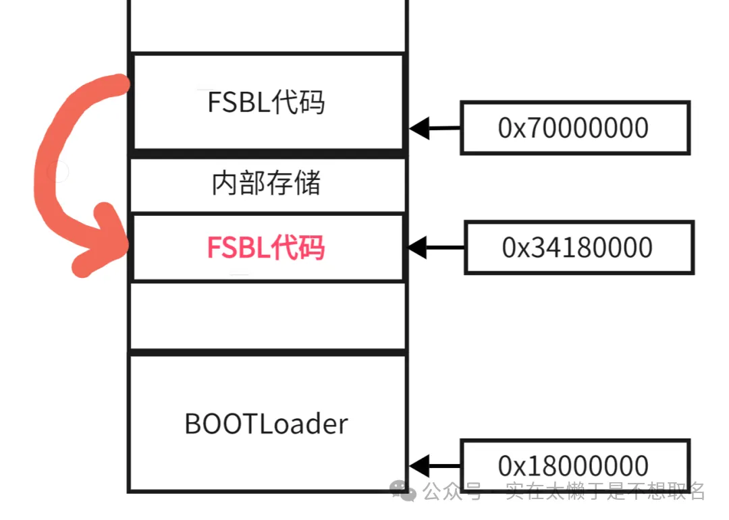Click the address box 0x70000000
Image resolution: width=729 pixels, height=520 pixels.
tap(574, 127)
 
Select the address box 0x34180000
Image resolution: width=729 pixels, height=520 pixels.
tap(578, 248)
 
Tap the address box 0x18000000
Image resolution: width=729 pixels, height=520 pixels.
tap(574, 465)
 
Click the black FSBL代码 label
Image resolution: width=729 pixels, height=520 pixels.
tap(266, 103)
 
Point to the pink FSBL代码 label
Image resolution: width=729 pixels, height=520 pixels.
tap(266, 248)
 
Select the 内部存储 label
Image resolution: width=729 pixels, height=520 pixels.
tap(266, 183)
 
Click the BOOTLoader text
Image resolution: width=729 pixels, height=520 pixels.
tap(266, 424)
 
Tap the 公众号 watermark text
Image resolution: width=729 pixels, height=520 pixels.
tap(452, 491)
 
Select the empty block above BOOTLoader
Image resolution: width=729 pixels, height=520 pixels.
tap(267, 315)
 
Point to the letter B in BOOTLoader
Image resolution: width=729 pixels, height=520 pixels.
tap(192, 424)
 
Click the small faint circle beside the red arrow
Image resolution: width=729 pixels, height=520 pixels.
tap(58, 172)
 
